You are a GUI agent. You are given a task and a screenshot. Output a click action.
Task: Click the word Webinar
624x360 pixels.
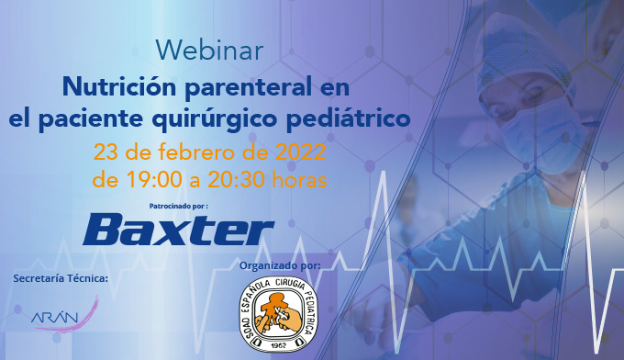pyautogui.click(x=209, y=51)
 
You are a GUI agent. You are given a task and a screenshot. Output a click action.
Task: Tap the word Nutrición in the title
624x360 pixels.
pyautogui.click(x=119, y=86)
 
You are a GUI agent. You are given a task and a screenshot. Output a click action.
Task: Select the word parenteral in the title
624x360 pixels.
pyautogui.click(x=249, y=88)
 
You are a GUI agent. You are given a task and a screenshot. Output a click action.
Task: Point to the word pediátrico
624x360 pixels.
pyautogui.click(x=348, y=119)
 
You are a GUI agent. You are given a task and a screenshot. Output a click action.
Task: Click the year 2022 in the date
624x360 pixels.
pyautogui.click(x=300, y=152)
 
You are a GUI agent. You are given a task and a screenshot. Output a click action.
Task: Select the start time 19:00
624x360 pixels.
pyautogui.click(x=153, y=180)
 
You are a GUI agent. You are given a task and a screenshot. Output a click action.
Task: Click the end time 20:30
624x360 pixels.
pyautogui.click(x=236, y=180)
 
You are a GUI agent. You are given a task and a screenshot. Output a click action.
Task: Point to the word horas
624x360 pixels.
pyautogui.click(x=299, y=180)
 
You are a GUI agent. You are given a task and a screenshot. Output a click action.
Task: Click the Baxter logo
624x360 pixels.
pyautogui.click(x=179, y=230)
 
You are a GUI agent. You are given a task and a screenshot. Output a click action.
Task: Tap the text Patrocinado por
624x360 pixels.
pyautogui.click(x=179, y=207)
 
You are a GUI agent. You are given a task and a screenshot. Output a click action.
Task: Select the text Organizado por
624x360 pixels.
pyautogui.click(x=280, y=265)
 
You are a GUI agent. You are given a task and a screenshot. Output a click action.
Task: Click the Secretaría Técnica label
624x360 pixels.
pyautogui.click(x=61, y=278)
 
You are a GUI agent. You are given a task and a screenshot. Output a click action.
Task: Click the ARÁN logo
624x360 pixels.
pyautogui.click(x=64, y=315)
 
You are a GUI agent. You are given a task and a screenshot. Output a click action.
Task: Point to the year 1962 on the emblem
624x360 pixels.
pyautogui.click(x=279, y=345)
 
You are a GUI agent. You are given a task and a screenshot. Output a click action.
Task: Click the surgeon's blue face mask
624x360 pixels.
pyautogui.click(x=546, y=136)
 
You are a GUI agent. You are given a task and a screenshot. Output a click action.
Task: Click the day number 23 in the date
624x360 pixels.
pyautogui.click(x=106, y=152)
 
